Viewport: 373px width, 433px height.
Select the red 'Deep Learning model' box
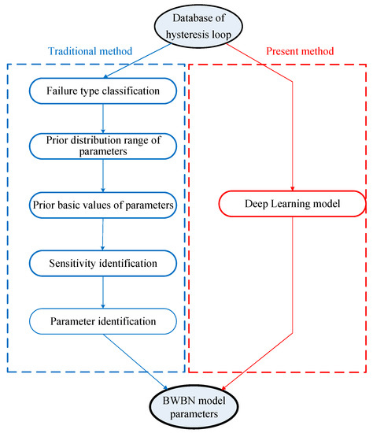(292, 205)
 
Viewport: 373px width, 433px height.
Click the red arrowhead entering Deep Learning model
(292, 189)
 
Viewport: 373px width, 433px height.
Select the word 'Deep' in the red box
(250, 205)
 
